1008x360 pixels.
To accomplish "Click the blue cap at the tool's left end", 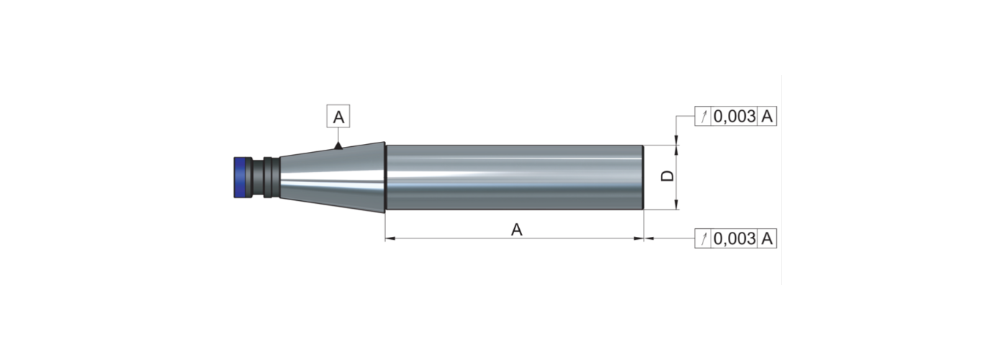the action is pyautogui.click(x=243, y=177).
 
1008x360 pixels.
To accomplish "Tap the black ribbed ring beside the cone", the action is pyautogui.click(x=267, y=177).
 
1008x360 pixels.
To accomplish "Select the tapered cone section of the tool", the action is pyautogui.click(x=332, y=177).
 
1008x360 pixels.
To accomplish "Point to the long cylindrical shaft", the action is pyautogui.click(x=515, y=177).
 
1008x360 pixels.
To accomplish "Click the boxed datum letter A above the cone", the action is pyautogui.click(x=338, y=117).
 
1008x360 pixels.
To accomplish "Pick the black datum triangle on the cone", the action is pyautogui.click(x=338, y=145).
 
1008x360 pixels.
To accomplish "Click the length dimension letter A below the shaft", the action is pyautogui.click(x=517, y=230).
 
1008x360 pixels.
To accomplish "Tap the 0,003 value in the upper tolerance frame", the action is pyautogui.click(x=734, y=116).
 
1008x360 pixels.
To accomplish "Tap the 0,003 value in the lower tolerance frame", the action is pyautogui.click(x=734, y=238).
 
